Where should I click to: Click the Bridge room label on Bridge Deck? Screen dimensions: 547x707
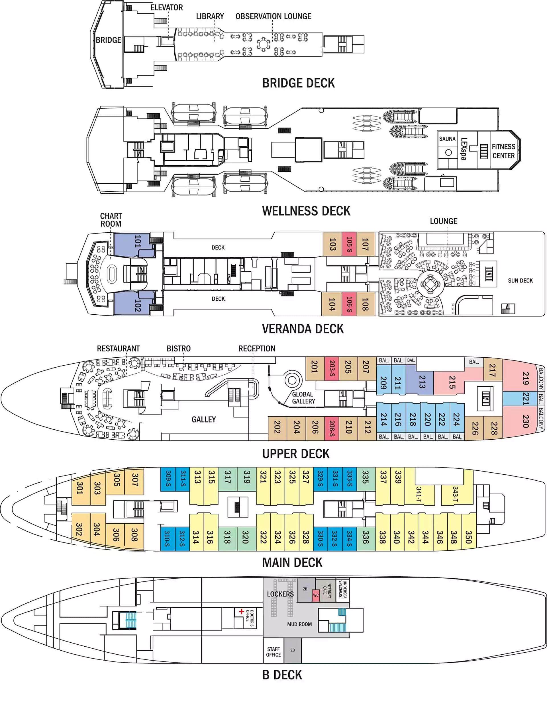[x=108, y=40]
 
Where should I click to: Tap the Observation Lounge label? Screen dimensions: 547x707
[x=273, y=17]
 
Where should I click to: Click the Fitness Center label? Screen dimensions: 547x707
[x=503, y=151]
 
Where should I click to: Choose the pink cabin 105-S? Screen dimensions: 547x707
[x=349, y=244]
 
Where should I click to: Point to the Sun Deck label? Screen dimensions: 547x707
[x=520, y=281]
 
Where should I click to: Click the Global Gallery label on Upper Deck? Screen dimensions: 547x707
[x=303, y=398]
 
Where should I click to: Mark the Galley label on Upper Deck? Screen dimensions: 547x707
[x=203, y=419]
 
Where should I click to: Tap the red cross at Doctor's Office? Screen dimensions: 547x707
[x=241, y=611]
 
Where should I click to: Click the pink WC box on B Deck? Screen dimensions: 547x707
[x=316, y=595]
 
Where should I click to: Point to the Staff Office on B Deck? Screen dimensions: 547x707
[x=273, y=652]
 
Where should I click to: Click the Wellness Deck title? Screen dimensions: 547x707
[x=306, y=211]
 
